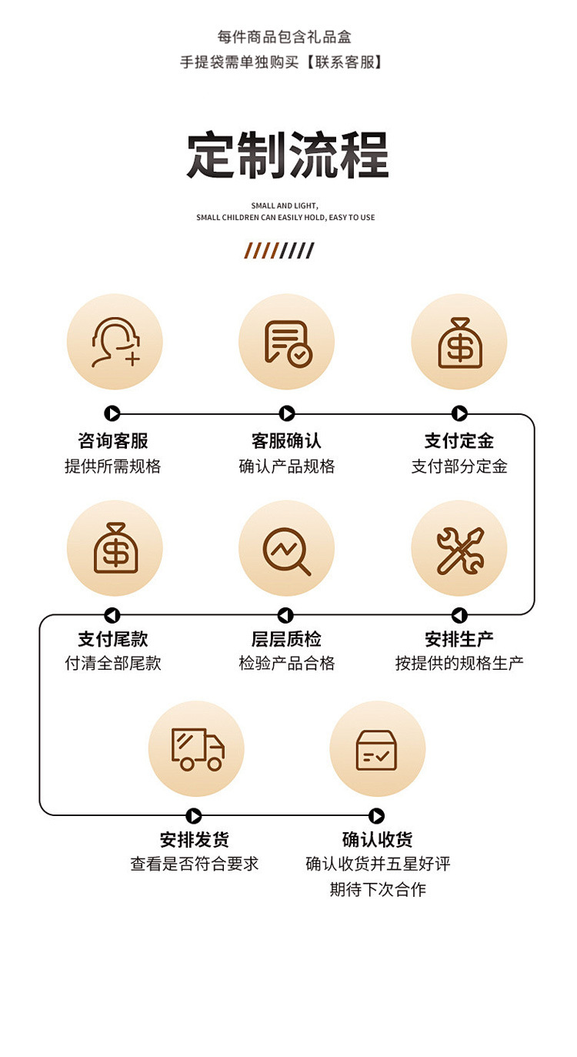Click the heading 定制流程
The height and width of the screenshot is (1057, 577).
click(288, 156)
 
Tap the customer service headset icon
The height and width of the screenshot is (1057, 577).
click(115, 342)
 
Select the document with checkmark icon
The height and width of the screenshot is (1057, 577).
click(287, 343)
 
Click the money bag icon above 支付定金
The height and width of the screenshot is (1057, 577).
click(459, 343)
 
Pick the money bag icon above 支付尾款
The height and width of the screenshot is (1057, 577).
click(115, 547)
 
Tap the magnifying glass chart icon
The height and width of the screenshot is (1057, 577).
click(287, 548)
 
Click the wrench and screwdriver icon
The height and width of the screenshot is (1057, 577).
click(459, 548)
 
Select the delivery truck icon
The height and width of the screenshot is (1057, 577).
click(197, 748)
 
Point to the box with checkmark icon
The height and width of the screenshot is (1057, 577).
click(377, 749)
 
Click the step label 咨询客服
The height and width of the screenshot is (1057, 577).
click(113, 441)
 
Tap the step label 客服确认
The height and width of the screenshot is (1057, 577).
click(286, 441)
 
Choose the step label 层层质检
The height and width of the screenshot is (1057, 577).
click(286, 639)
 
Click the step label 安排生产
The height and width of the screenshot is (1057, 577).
click(459, 639)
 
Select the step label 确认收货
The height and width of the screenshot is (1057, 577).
click(377, 839)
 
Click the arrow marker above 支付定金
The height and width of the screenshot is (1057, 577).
click(459, 414)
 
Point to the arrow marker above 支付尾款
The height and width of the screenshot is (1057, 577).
click(112, 615)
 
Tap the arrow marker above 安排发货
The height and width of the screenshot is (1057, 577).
click(194, 816)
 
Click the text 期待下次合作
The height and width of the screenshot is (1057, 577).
click(378, 890)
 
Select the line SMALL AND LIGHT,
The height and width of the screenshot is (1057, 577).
click(285, 206)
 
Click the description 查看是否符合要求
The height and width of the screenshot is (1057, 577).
click(195, 864)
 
